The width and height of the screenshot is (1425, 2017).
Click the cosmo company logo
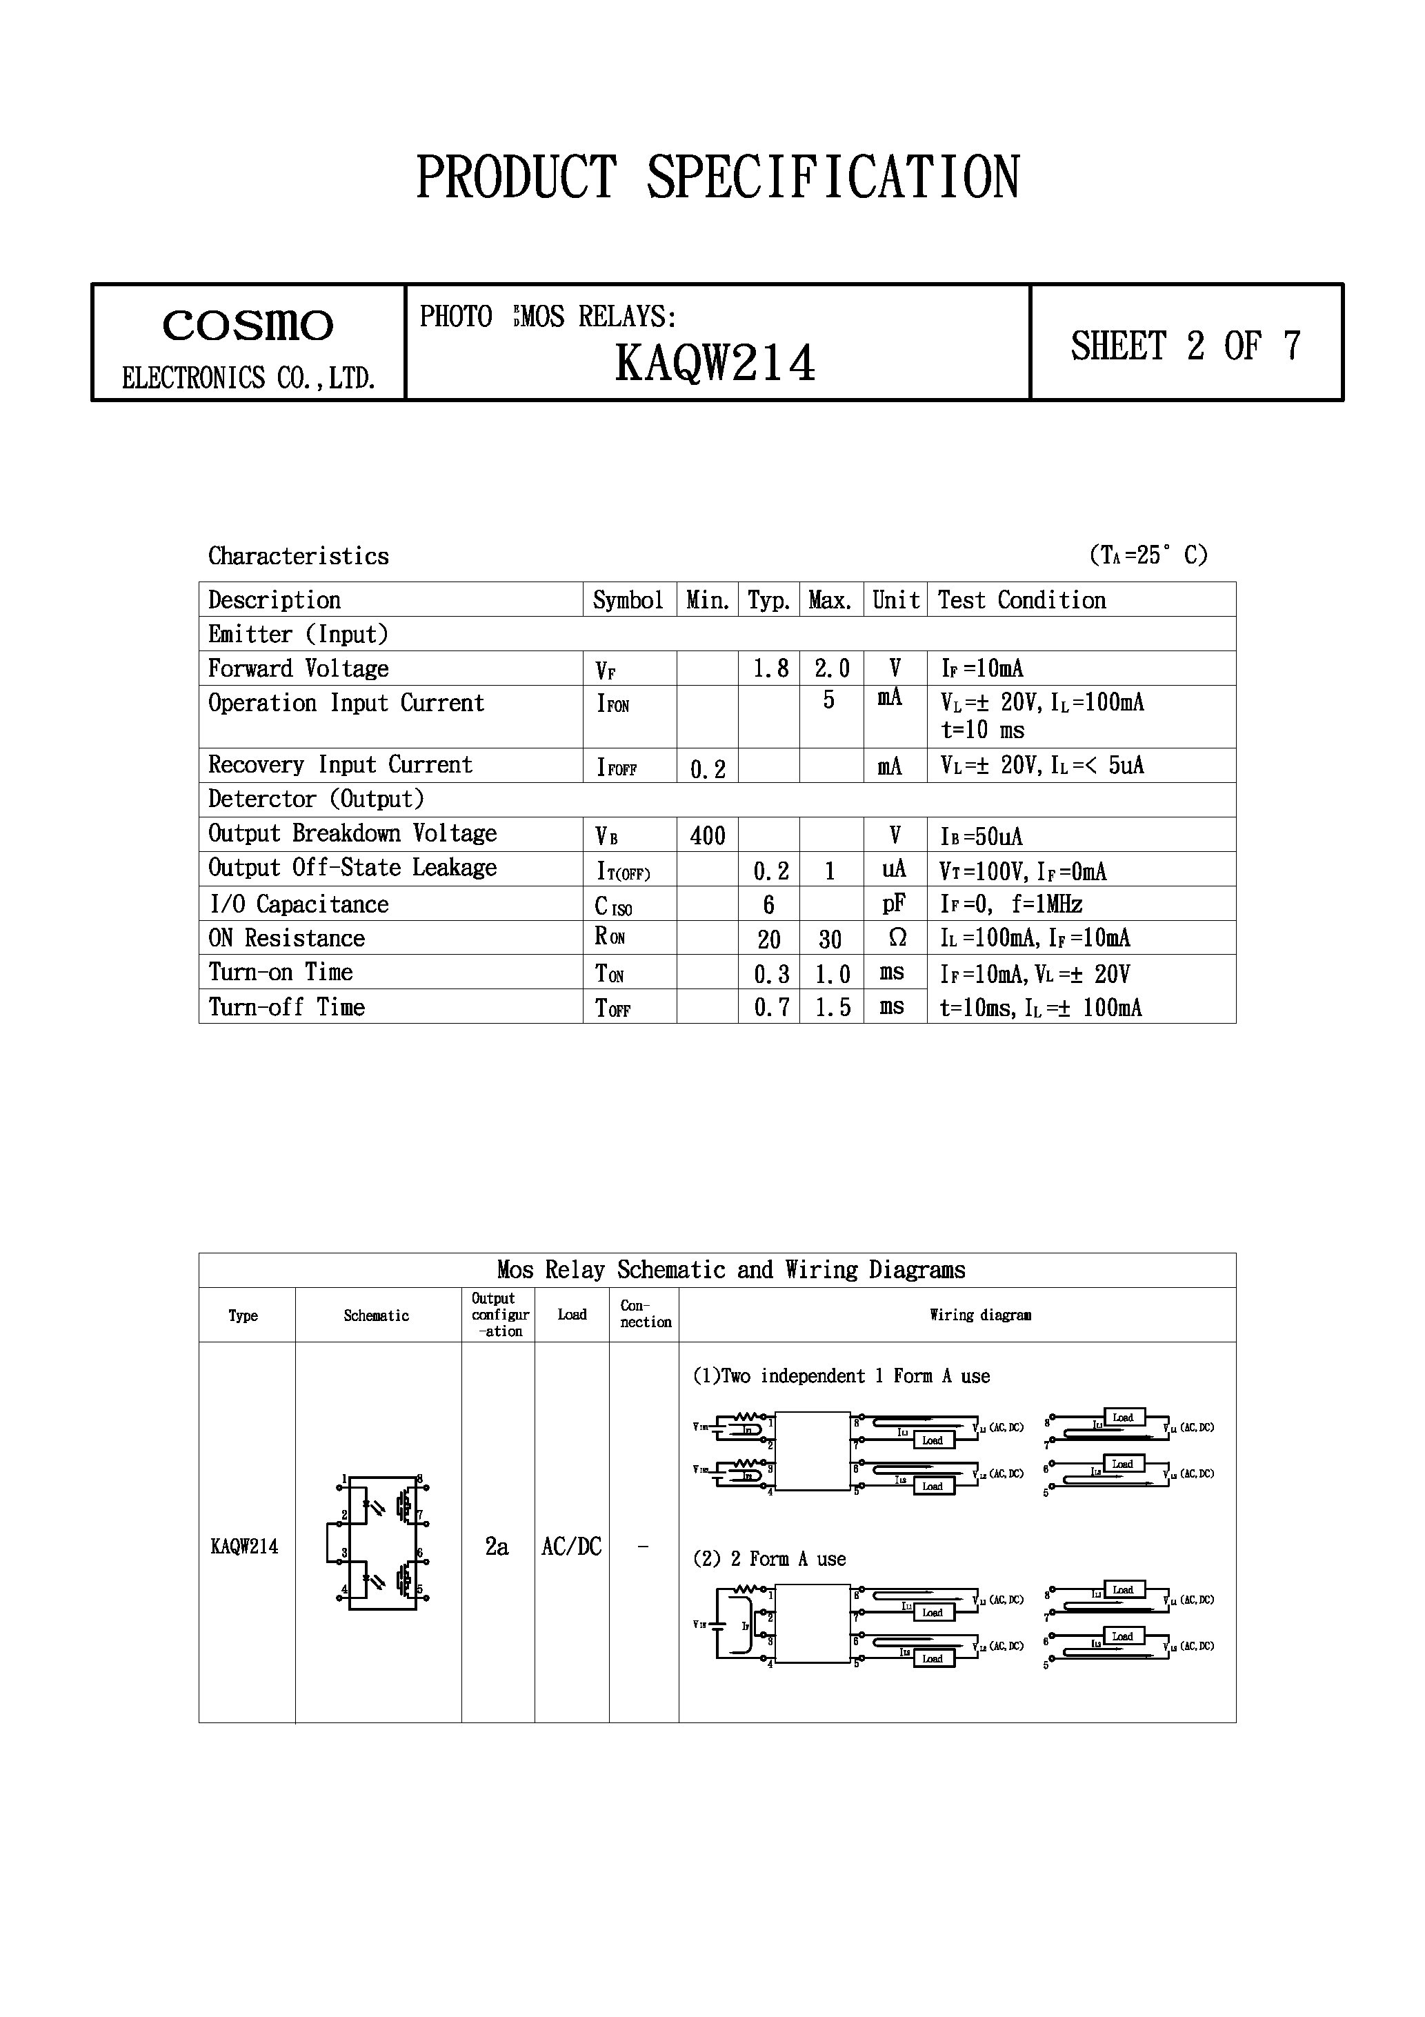(x=248, y=326)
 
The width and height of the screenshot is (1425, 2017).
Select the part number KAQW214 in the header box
(x=715, y=363)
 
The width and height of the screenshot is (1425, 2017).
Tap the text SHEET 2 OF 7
(x=1185, y=345)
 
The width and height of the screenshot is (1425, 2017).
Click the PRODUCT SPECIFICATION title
(x=717, y=177)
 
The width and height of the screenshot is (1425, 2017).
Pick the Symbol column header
(x=628, y=600)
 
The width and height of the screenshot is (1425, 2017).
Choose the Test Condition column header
(x=1022, y=600)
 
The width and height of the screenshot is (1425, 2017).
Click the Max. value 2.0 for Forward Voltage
(x=831, y=668)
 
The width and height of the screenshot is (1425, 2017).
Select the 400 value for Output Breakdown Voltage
(x=707, y=835)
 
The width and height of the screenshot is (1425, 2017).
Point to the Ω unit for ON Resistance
(x=896, y=938)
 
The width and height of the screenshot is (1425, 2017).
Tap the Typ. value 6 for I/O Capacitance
(x=769, y=904)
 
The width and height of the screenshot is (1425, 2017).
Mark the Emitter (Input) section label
(x=298, y=634)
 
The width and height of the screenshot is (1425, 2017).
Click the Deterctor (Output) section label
(x=315, y=799)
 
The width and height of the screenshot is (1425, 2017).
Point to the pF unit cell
(x=895, y=904)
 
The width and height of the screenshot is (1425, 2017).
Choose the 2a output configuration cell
(x=497, y=1546)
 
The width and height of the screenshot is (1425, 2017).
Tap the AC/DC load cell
(x=571, y=1546)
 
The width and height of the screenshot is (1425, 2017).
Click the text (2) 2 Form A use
(x=770, y=1559)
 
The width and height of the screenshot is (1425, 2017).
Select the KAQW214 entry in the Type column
(x=244, y=1546)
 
